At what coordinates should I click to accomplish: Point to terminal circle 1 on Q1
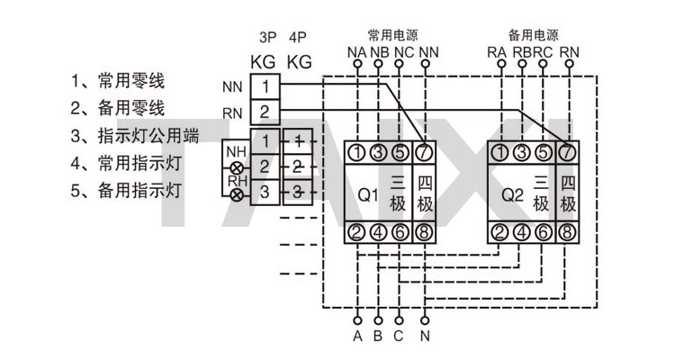click(357, 151)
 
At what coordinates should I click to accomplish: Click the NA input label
click(356, 53)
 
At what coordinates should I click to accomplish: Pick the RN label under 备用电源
click(569, 53)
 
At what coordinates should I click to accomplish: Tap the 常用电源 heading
click(393, 35)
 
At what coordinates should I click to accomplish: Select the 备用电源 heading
click(533, 35)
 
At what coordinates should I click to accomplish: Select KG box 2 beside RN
click(265, 112)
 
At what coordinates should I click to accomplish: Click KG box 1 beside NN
click(265, 87)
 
